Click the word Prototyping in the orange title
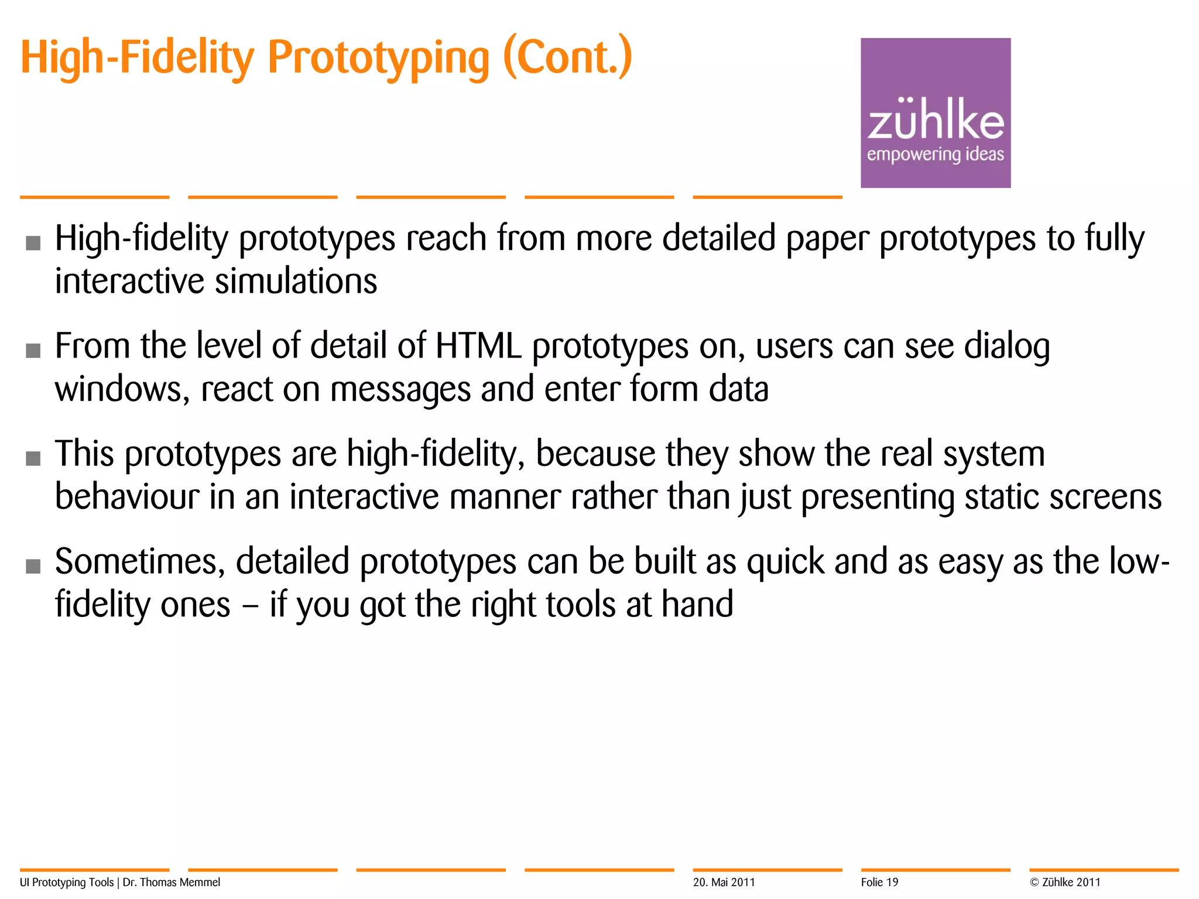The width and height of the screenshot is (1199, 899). click(x=378, y=59)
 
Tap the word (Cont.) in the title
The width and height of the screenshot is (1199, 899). click(x=567, y=57)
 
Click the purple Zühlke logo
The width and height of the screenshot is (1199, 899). click(x=935, y=112)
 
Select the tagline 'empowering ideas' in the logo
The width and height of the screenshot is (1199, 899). click(x=935, y=155)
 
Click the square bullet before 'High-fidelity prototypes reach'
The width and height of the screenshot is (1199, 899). click(x=33, y=242)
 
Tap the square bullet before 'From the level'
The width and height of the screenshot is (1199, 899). click(x=33, y=350)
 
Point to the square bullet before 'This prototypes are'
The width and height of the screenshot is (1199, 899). click(x=33, y=458)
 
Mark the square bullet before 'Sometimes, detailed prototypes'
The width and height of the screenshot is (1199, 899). click(x=33, y=566)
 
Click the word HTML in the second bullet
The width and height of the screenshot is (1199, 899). click(x=478, y=346)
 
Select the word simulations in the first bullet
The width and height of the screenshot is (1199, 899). click(x=296, y=282)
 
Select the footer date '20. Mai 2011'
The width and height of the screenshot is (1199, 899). click(x=724, y=882)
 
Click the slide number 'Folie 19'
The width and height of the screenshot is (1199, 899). click(x=879, y=882)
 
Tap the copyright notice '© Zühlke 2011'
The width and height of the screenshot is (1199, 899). click(x=1065, y=882)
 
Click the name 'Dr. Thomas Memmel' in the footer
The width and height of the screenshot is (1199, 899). click(x=172, y=882)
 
